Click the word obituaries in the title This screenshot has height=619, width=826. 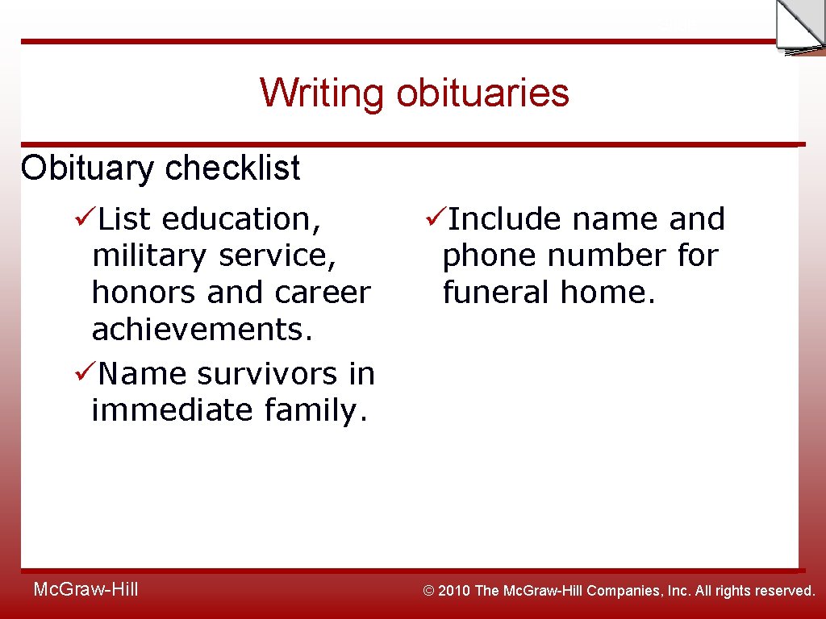[482, 93]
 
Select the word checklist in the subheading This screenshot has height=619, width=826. [232, 168]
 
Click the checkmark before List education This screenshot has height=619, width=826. [86, 218]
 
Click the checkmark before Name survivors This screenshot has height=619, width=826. [86, 373]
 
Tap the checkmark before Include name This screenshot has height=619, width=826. [436, 218]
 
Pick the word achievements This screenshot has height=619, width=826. [202, 330]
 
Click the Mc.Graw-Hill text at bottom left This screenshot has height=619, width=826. [86, 590]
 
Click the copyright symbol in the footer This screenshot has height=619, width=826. [429, 591]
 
